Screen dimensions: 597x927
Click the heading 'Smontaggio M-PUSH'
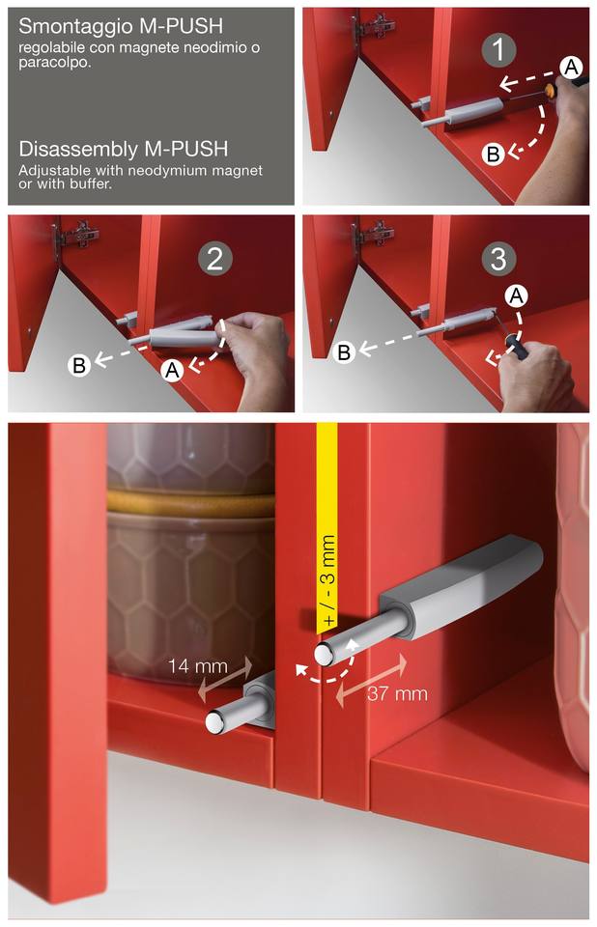click(x=121, y=26)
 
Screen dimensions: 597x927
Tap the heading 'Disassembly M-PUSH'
click(x=123, y=149)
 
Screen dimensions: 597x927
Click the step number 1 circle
click(x=498, y=49)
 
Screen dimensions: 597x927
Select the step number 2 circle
click(x=214, y=259)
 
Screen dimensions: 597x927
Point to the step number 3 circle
click(x=498, y=259)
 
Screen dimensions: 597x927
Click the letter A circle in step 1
click(x=571, y=67)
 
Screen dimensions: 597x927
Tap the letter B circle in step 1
click(x=493, y=154)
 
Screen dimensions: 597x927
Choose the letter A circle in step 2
click(x=172, y=370)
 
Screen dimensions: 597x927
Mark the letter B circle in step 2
click(x=78, y=365)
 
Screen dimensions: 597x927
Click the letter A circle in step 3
click(x=517, y=295)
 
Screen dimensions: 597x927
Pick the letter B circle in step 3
click(x=343, y=352)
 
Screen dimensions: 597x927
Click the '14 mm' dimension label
click(x=198, y=666)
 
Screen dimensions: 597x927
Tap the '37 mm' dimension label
click(x=397, y=693)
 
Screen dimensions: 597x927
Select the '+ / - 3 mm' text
click(x=328, y=580)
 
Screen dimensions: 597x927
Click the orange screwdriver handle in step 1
click(x=551, y=90)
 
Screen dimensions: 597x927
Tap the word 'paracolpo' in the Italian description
click(x=53, y=62)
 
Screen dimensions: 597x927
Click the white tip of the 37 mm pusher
click(x=324, y=654)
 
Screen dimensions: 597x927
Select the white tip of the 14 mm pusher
click(x=214, y=722)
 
